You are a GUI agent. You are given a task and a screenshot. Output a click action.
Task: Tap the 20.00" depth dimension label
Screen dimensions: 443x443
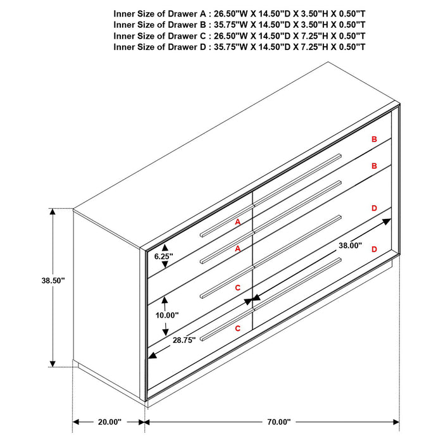(109, 421)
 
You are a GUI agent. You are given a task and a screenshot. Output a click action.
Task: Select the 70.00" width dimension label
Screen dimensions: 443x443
(278, 421)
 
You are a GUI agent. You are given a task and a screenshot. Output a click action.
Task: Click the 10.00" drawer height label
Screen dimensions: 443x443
(167, 315)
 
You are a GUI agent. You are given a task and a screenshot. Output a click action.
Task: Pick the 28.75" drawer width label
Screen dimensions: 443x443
(185, 340)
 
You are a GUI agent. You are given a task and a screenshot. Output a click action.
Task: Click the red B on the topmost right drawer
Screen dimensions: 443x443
(374, 139)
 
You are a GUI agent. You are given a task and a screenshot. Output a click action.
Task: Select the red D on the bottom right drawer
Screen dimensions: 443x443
(374, 249)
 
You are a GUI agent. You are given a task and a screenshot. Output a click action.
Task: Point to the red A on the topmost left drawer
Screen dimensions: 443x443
(238, 222)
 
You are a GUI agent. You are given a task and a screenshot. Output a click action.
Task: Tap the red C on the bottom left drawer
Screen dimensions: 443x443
(238, 328)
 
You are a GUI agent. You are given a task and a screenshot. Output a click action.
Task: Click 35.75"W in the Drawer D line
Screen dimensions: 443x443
(234, 47)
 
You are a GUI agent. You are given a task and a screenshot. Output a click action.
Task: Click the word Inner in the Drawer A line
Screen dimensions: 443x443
(125, 13)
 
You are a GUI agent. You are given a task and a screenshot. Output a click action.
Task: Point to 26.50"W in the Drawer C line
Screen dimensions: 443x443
(234, 35)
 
